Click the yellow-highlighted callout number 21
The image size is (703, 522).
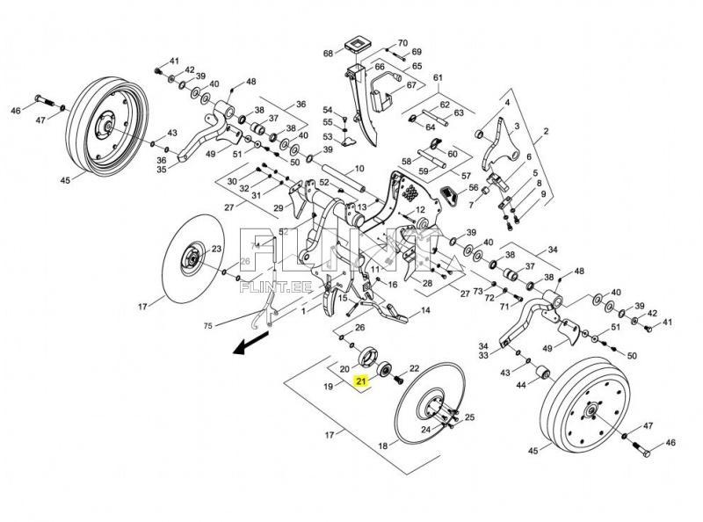click(360, 381)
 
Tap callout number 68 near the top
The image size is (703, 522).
click(328, 54)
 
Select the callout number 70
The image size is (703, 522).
click(402, 42)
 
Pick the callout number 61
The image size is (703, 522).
click(437, 78)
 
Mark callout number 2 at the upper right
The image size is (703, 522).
click(545, 132)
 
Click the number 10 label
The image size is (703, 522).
click(359, 169)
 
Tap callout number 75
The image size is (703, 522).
click(207, 325)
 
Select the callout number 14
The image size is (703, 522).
click(424, 311)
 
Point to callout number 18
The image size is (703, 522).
click(382, 446)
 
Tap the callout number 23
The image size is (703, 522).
click(216, 250)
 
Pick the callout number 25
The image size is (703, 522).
click(469, 417)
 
